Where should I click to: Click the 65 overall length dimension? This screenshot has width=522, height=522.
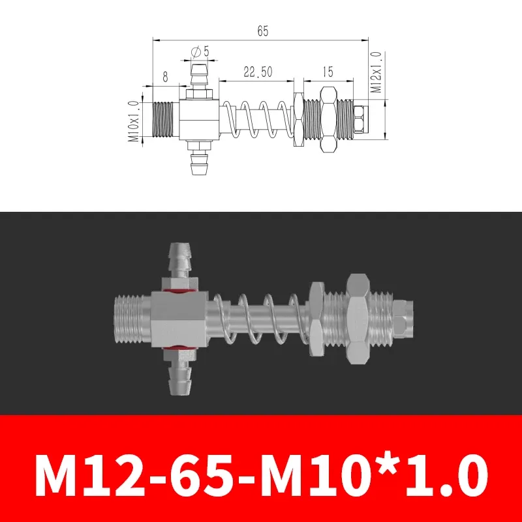263,31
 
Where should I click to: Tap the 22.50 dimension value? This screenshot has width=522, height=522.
258,73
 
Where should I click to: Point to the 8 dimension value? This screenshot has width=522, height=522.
165,76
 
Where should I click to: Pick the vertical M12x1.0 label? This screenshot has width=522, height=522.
376,74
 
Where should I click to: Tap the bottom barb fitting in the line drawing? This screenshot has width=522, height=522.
196,161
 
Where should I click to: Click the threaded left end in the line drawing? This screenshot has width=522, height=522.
165,120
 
